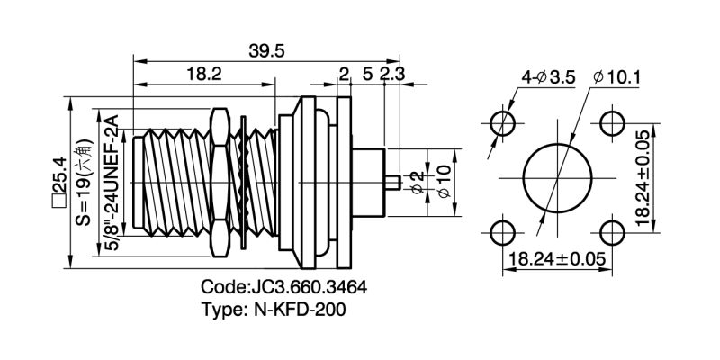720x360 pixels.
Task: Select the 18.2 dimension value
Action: click(203, 75)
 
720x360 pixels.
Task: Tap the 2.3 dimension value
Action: click(392, 75)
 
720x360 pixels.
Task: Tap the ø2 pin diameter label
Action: click(416, 183)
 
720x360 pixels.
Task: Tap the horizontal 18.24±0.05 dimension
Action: click(556, 259)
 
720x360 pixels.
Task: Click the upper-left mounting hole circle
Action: click(503, 121)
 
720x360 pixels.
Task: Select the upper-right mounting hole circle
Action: click(612, 121)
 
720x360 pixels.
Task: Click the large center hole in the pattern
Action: click(557, 176)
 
